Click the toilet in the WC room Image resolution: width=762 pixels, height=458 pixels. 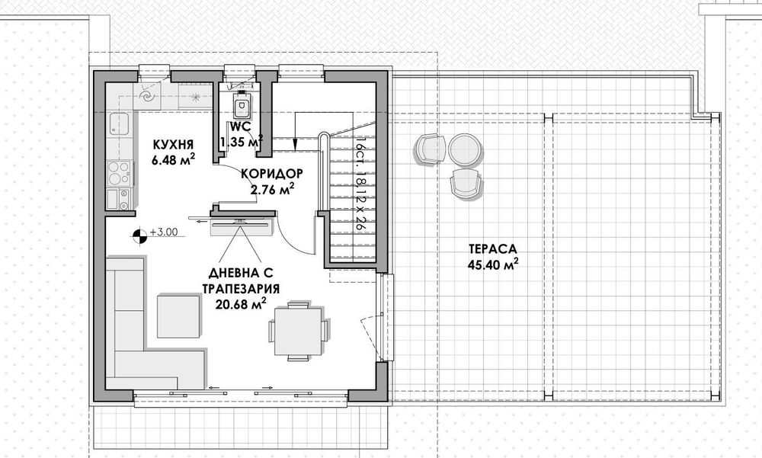click(x=242, y=106)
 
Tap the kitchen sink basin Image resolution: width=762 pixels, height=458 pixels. click(x=119, y=123)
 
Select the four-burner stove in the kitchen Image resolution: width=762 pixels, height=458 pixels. click(x=119, y=173)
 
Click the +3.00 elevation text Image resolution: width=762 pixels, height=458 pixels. click(x=164, y=232)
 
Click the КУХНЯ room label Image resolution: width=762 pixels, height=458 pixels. click(x=173, y=145)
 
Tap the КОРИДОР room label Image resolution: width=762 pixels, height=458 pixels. click(x=272, y=174)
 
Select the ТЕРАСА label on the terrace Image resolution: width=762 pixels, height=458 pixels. click(x=493, y=249)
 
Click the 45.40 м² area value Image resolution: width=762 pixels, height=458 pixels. click(x=493, y=264)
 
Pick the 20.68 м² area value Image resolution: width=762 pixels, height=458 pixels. click(x=241, y=304)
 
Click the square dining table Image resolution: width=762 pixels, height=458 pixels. click(x=298, y=331)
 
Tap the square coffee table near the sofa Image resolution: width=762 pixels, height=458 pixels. click(x=178, y=316)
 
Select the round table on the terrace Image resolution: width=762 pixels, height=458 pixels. click(x=465, y=149)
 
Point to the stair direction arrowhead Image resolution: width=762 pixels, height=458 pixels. click(x=294, y=144)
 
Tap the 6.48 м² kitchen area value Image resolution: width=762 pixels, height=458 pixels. click(x=174, y=159)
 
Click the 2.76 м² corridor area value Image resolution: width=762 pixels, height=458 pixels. click(x=272, y=188)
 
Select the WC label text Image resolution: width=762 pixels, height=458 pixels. click(x=241, y=127)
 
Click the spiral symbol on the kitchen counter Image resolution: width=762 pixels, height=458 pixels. click(x=147, y=96)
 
